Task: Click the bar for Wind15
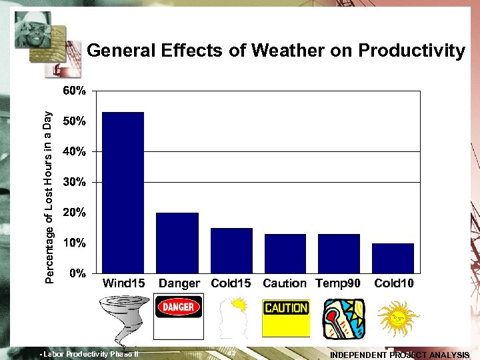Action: click(123, 192)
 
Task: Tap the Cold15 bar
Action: click(231, 250)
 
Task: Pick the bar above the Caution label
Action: click(285, 253)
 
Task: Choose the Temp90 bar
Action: click(339, 253)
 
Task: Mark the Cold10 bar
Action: click(393, 258)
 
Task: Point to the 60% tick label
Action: click(74, 91)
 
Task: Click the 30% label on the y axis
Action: click(74, 182)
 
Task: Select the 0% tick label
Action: click(77, 273)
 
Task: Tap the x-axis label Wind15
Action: click(123, 283)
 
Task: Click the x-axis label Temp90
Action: click(338, 283)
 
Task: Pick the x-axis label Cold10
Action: click(394, 283)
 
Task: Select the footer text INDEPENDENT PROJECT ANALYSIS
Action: click(399, 355)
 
